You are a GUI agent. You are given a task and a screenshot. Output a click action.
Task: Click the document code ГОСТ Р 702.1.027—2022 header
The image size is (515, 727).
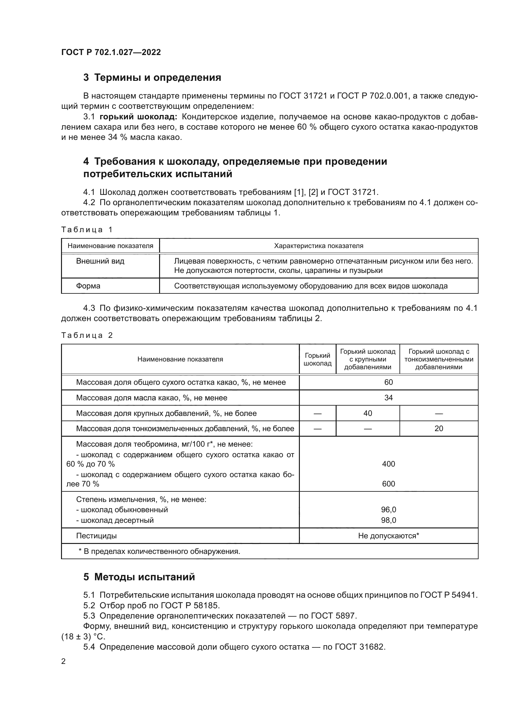click(x=111, y=52)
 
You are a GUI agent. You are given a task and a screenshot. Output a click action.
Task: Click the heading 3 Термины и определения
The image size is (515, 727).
click(x=152, y=78)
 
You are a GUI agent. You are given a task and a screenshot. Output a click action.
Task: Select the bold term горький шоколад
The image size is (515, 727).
click(x=138, y=117)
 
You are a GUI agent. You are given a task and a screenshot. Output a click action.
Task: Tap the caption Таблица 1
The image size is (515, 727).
click(x=87, y=230)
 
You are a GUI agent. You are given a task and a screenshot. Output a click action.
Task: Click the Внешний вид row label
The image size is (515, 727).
click(x=100, y=261)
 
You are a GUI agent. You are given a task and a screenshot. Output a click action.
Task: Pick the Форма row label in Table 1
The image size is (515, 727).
click(x=88, y=286)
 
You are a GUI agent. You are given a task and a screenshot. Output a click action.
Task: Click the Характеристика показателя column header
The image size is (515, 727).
click(x=319, y=246)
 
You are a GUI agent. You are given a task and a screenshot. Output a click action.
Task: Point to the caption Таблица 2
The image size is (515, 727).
click(x=87, y=335)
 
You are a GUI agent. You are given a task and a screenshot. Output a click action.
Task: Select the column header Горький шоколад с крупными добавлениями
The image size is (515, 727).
click(x=367, y=359)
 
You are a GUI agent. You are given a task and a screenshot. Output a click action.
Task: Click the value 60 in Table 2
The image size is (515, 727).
click(x=389, y=382)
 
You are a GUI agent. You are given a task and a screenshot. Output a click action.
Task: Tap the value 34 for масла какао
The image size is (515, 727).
click(x=389, y=398)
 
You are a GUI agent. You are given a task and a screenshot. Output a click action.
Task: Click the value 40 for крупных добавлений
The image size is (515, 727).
click(x=367, y=413)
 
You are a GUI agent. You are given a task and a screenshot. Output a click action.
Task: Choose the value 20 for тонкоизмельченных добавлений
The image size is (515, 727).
click(x=439, y=428)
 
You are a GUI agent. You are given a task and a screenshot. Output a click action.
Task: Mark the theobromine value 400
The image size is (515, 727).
click(x=389, y=464)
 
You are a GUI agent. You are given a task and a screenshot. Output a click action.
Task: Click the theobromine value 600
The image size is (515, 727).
click(x=389, y=484)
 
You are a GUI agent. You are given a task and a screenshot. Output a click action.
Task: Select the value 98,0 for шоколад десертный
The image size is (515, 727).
click(x=389, y=520)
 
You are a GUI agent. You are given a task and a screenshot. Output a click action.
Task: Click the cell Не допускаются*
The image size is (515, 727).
click(x=389, y=536)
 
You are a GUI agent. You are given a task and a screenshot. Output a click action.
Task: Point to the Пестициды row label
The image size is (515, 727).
click(x=97, y=536)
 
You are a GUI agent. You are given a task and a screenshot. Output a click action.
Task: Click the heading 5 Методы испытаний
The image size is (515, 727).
click(x=139, y=577)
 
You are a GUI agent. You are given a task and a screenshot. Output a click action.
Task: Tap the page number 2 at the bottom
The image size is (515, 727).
click(x=64, y=661)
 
